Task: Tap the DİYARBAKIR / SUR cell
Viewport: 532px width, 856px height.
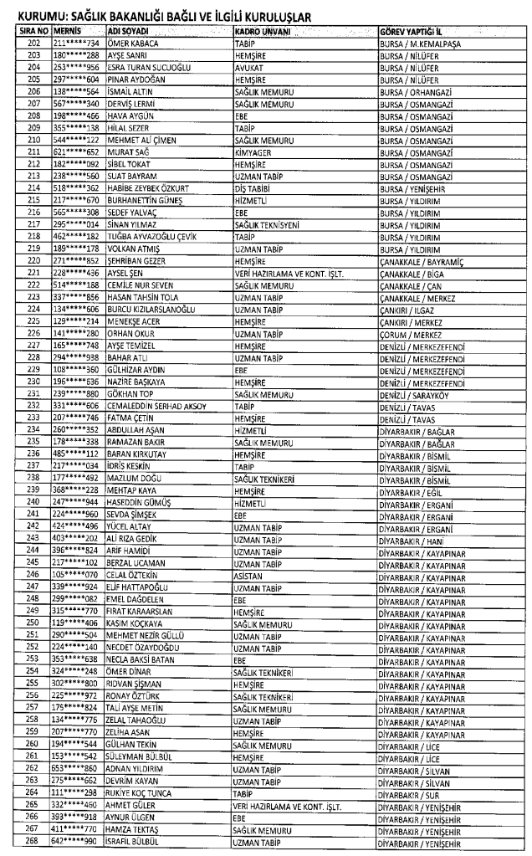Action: pos(410,794)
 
